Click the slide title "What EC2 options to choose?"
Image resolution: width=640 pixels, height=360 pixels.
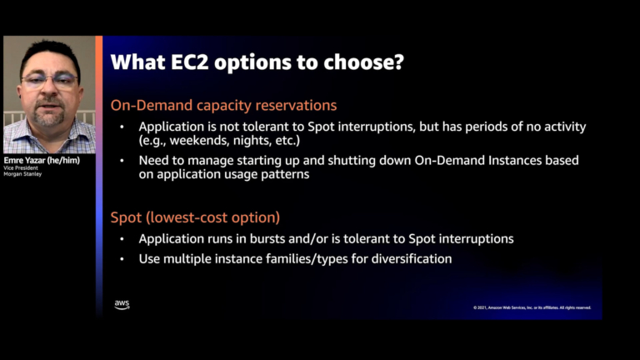point(257,62)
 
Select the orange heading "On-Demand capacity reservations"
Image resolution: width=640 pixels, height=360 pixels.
point(224,106)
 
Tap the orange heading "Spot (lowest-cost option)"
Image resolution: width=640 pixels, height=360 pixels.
point(195,217)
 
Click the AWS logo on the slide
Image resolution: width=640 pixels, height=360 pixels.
point(122,305)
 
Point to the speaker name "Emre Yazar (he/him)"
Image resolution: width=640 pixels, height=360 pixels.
point(42,161)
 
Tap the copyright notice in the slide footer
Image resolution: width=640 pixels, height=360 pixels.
point(532,307)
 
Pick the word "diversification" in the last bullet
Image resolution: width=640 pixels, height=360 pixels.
point(411,259)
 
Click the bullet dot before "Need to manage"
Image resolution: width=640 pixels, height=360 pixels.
point(122,159)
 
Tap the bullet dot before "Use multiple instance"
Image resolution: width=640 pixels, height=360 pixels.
point(122,259)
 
